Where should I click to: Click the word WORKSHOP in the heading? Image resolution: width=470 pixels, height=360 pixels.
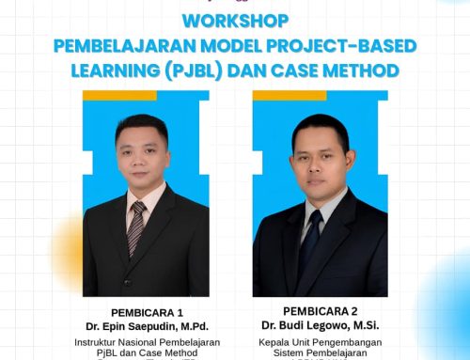(236, 21)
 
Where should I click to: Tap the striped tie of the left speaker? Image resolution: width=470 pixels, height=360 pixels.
(137, 226)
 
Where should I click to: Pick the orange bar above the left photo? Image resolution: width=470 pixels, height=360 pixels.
(119, 95)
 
